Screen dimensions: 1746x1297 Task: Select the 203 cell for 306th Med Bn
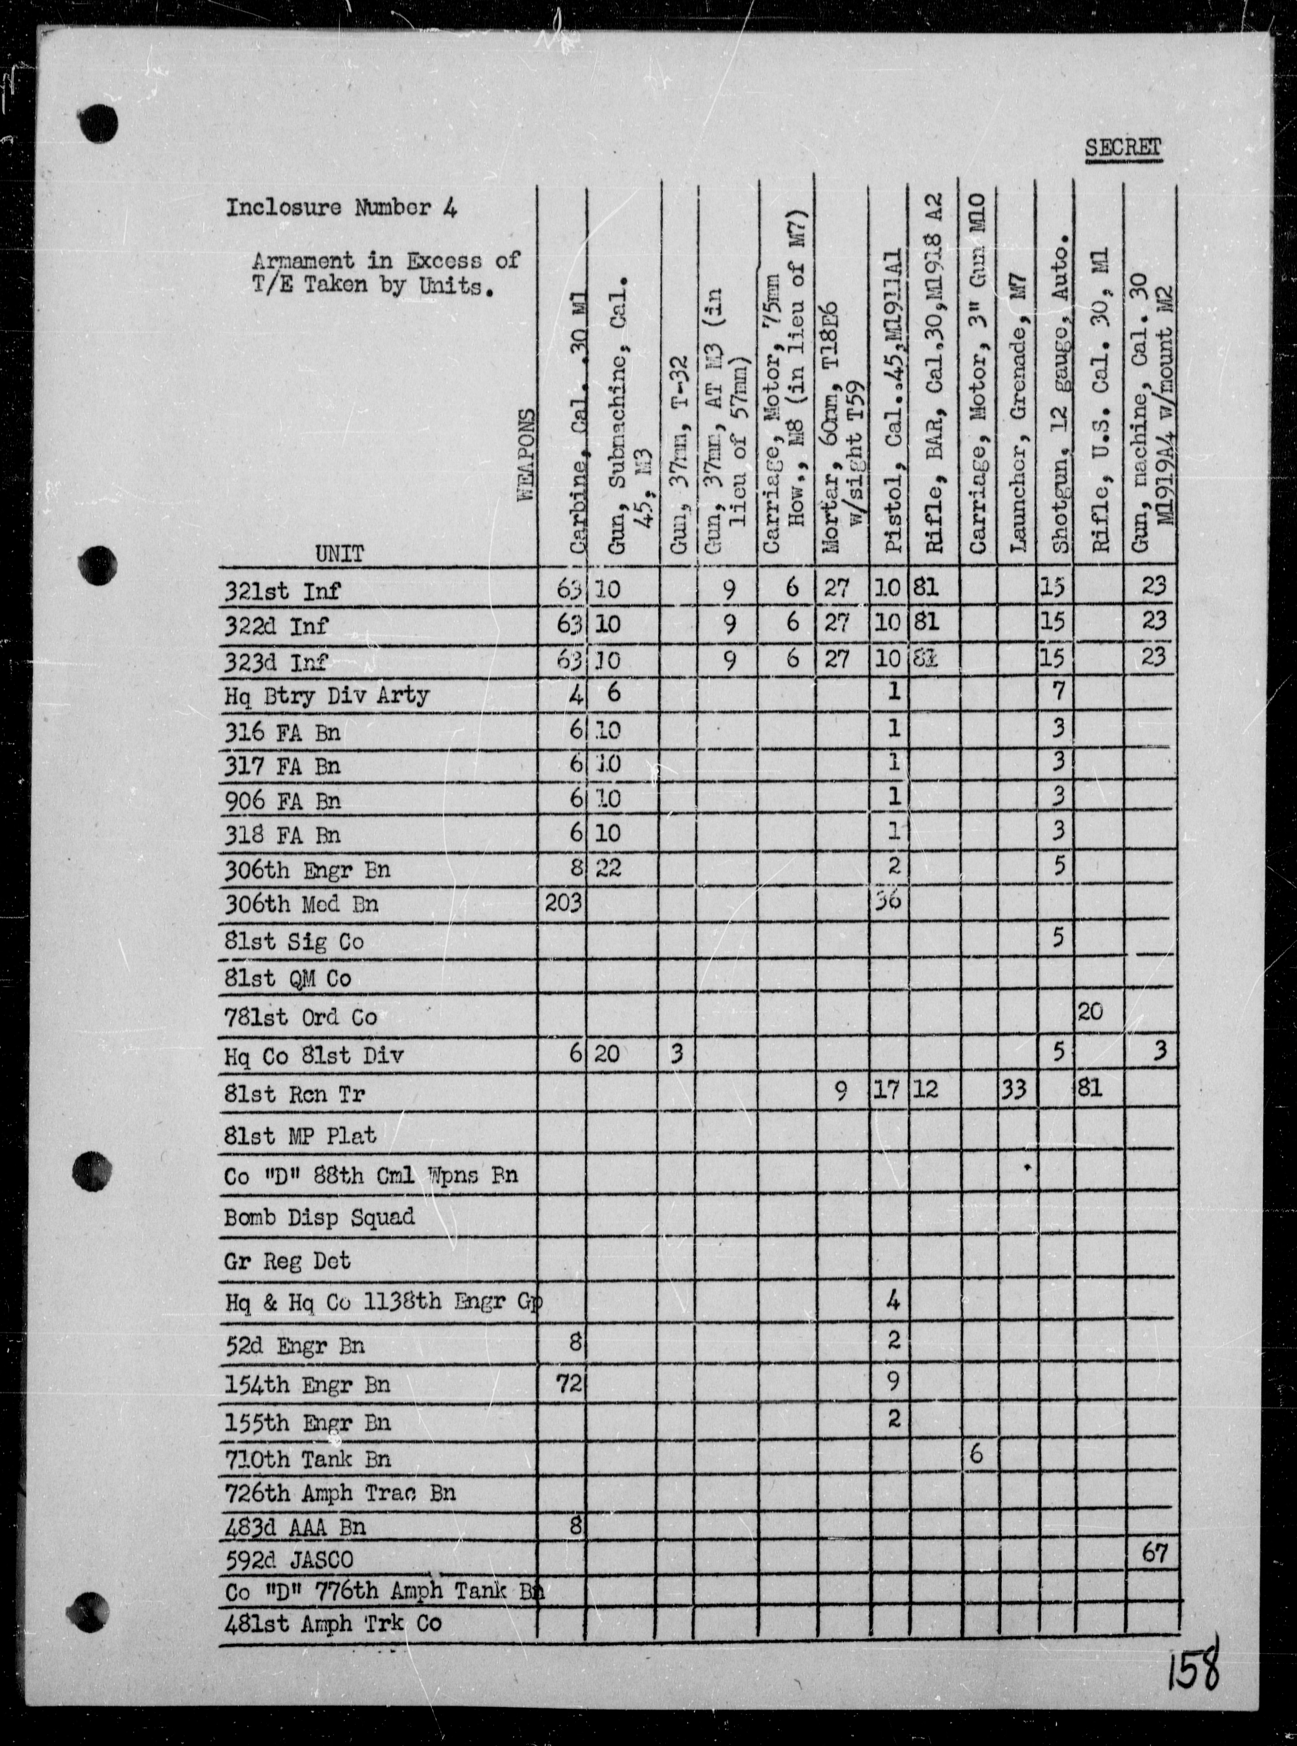[x=562, y=904]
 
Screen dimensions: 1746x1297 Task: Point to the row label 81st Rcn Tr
[x=294, y=1094]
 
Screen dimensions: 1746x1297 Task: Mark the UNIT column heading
[x=340, y=554]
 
